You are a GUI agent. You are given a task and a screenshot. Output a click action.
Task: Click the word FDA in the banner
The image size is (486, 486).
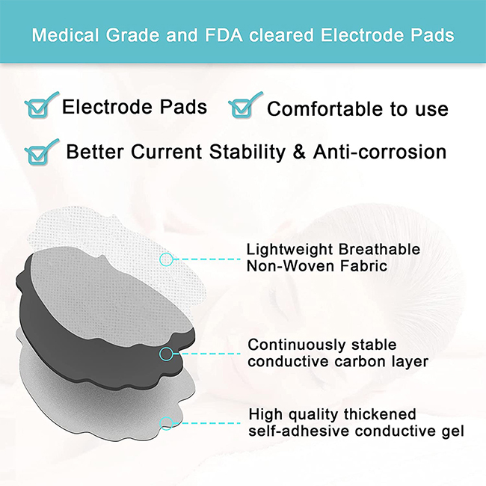tap(224, 35)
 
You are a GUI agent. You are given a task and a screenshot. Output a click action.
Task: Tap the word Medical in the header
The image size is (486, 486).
tap(65, 35)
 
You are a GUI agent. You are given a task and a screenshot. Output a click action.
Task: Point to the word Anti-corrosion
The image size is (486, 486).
tap(380, 152)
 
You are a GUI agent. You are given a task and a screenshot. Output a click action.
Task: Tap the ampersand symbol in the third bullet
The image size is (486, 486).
tap(299, 153)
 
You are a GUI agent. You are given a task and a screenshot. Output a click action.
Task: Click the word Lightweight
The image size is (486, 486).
tap(290, 250)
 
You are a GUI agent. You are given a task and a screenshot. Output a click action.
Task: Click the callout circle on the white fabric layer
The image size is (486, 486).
tap(167, 259)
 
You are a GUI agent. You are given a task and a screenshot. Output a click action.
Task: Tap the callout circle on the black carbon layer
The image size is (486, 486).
tap(167, 354)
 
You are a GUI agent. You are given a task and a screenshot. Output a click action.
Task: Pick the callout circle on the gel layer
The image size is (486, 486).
tap(167, 423)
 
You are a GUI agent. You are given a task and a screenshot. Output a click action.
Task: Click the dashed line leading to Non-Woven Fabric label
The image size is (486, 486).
tap(206, 259)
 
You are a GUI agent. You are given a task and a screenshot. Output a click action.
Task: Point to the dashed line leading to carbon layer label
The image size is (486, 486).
tap(206, 354)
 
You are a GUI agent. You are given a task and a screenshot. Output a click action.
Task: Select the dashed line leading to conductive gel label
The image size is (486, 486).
tap(206, 423)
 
